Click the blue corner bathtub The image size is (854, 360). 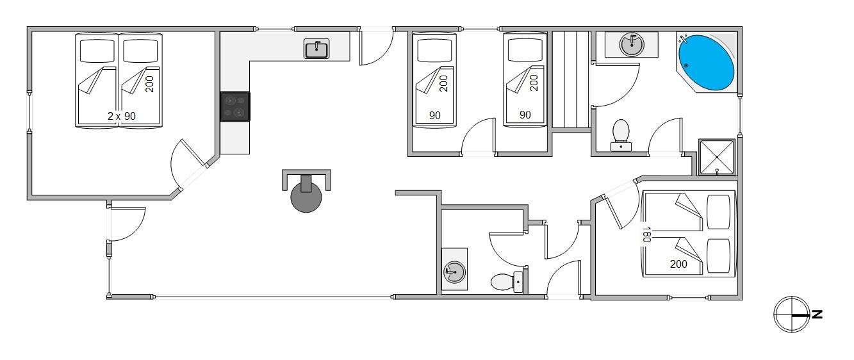pos(706,63)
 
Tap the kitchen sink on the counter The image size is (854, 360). pos(316,49)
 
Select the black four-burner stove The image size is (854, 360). pos(235,107)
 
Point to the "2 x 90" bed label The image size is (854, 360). pos(122,116)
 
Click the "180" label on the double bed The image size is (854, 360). pos(646,234)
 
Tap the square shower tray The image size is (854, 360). pos(717,157)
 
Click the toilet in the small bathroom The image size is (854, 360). pos(507,281)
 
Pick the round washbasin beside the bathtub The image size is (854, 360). pos(632,45)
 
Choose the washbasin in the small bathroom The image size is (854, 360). pos(455,272)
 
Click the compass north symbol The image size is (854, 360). pos(792,315)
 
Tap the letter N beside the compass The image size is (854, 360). pos(817,315)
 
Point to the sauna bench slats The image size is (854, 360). pos(571,79)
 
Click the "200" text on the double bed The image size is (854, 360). pos(678,264)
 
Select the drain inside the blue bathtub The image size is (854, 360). pos(686,65)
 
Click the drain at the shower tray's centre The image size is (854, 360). pos(717,157)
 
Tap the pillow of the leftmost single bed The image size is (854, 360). pos(97,51)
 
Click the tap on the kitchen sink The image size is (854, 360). pos(316,46)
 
